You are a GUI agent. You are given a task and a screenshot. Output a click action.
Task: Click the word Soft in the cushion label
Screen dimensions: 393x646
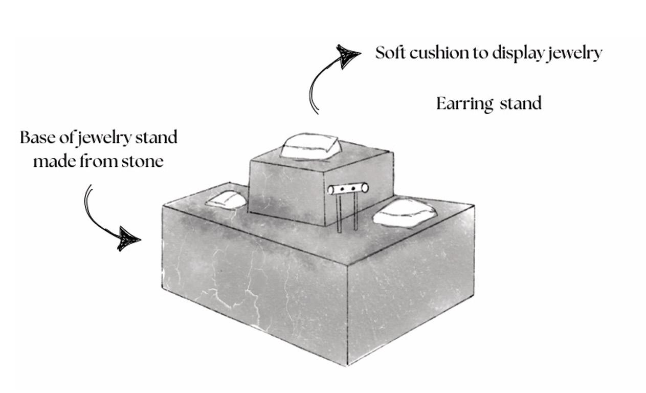(390, 53)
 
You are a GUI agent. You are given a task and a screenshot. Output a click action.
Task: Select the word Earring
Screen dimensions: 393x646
(464, 104)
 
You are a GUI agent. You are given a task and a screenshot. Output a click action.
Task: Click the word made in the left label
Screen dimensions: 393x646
(54, 162)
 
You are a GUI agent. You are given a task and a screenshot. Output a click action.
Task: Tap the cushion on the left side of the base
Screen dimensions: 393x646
(226, 200)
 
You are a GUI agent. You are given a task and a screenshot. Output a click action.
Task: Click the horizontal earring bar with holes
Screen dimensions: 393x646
(348, 189)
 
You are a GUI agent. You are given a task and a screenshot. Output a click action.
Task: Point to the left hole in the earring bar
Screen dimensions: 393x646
(342, 189)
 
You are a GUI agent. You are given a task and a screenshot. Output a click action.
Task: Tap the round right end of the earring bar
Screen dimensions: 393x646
(365, 188)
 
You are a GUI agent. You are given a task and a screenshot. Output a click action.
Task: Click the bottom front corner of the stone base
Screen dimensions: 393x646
(348, 364)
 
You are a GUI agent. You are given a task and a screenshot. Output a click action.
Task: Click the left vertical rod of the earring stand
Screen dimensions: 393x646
(339, 214)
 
